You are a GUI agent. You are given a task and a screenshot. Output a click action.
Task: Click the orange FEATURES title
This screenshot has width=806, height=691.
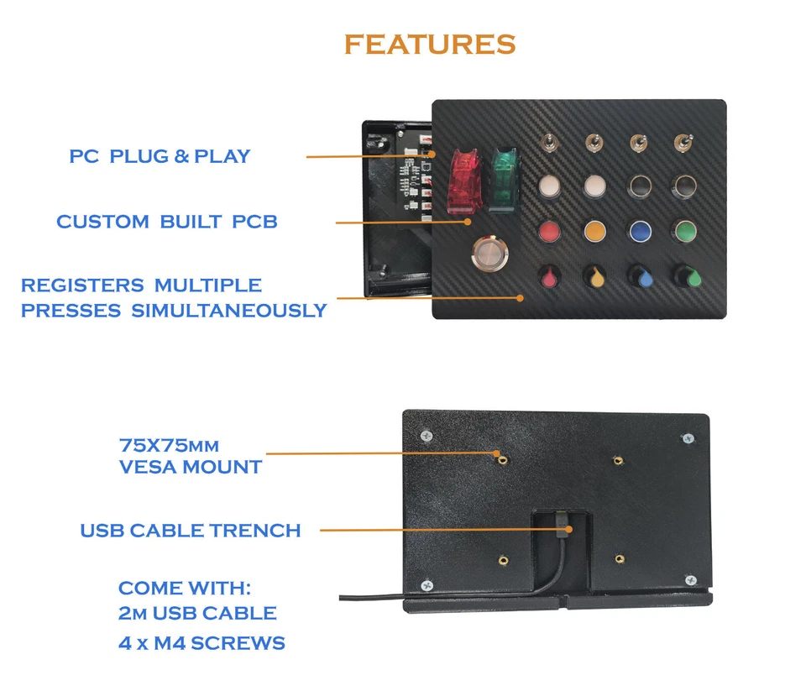429,44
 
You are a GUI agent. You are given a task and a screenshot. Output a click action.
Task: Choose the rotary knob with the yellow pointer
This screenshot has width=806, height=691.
594,275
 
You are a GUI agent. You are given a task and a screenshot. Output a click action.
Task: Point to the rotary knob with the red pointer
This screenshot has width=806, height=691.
549,275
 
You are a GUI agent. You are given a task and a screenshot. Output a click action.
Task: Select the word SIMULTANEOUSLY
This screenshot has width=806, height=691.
228,310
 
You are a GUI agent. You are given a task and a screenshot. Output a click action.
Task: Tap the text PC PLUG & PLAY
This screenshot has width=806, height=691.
160,156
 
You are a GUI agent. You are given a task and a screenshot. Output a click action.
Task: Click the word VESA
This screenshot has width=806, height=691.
151,467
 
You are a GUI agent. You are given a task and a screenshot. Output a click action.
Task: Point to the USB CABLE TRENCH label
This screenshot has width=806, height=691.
190,531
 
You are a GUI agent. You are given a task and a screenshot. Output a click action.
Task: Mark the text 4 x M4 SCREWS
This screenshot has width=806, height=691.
201,644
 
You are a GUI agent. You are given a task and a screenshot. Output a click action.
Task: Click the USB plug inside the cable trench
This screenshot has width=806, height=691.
560,527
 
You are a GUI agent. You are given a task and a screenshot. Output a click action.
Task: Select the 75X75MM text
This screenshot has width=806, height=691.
170,444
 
